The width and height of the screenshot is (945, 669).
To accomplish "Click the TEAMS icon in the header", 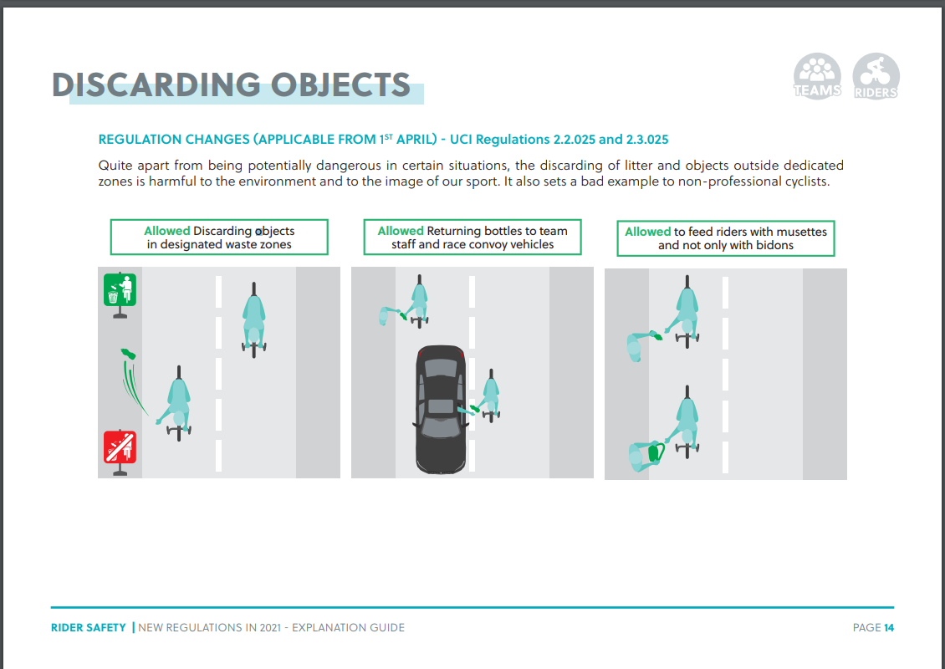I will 817,76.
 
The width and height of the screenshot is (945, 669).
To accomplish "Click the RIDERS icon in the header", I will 876,76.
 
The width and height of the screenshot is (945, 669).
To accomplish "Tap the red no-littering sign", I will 120,448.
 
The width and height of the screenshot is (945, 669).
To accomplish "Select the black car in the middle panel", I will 441,408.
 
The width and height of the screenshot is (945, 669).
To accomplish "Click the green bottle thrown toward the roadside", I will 128,355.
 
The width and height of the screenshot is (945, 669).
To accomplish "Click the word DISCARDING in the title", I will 156,85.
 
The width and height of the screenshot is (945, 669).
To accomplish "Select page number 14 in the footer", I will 889,627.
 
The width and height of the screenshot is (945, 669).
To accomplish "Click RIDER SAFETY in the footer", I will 89,627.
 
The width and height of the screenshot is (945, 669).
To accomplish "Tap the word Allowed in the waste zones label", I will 166,231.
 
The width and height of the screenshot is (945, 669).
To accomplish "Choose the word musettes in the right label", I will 801,232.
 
